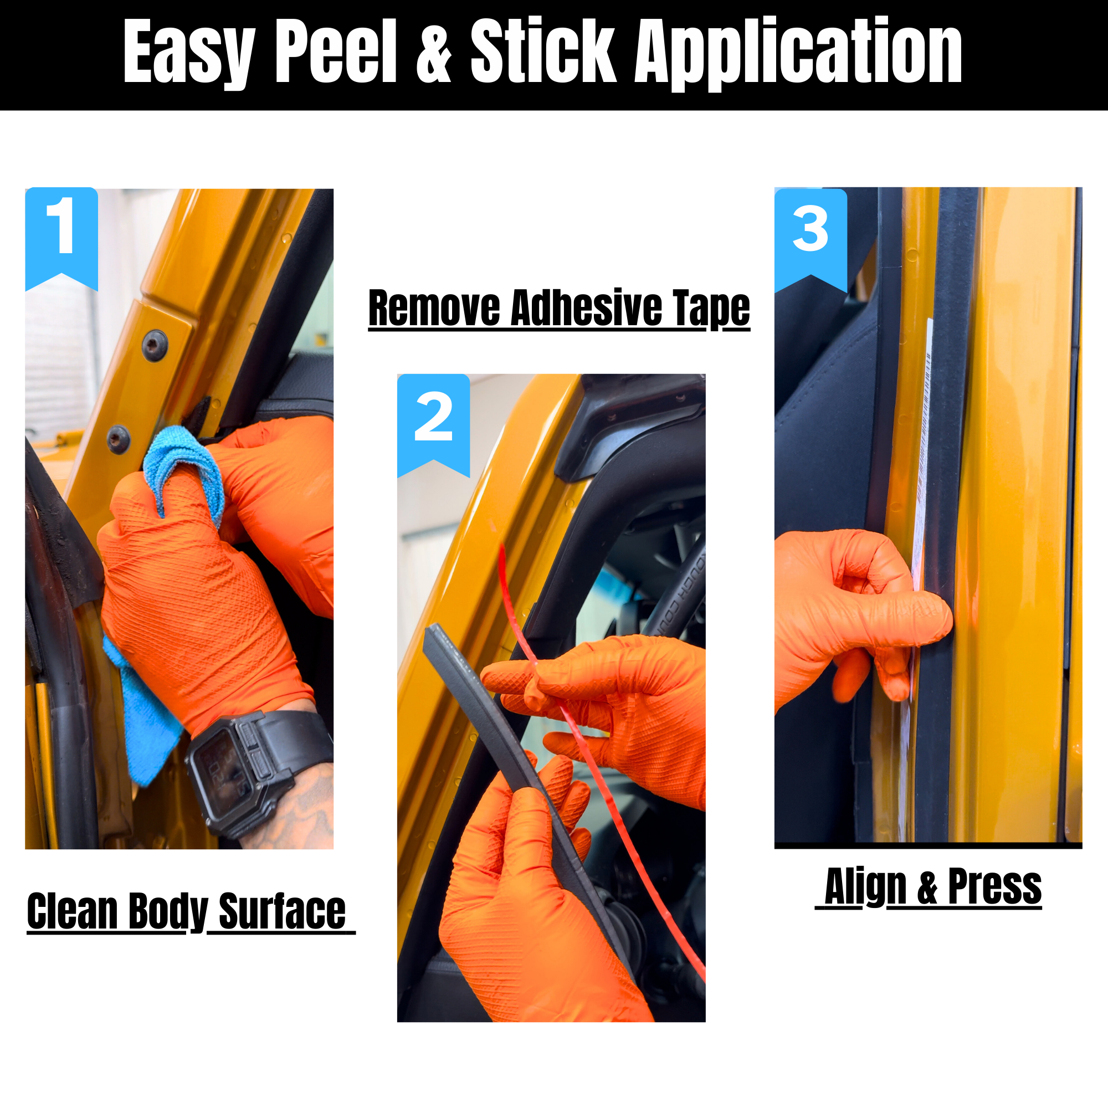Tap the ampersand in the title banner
(x=434, y=51)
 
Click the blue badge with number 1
(x=61, y=238)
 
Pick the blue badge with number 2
(x=434, y=425)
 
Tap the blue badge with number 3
(x=811, y=240)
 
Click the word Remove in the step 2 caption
(x=434, y=308)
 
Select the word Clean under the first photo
(x=72, y=911)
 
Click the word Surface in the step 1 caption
(x=282, y=911)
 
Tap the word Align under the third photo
(x=865, y=886)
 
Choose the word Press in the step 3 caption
(x=994, y=886)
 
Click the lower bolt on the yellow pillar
(x=119, y=440)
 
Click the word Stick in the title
(x=543, y=51)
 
